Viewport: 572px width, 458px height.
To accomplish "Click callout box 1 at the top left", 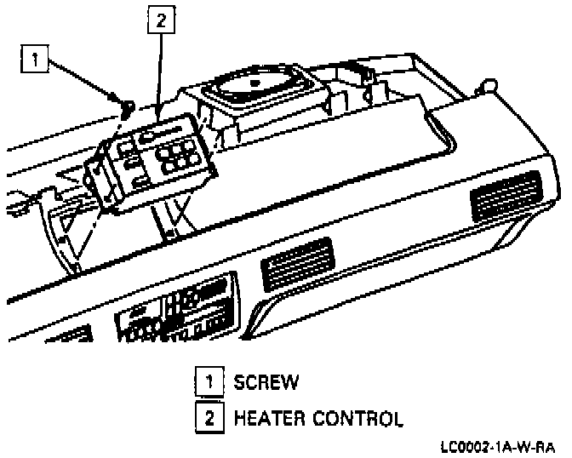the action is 35,59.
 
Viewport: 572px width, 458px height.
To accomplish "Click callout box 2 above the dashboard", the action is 159,20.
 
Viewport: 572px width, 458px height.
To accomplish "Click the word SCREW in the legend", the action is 266,382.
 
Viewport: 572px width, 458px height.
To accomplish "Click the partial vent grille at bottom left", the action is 71,335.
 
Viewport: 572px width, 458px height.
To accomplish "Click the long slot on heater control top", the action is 162,133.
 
